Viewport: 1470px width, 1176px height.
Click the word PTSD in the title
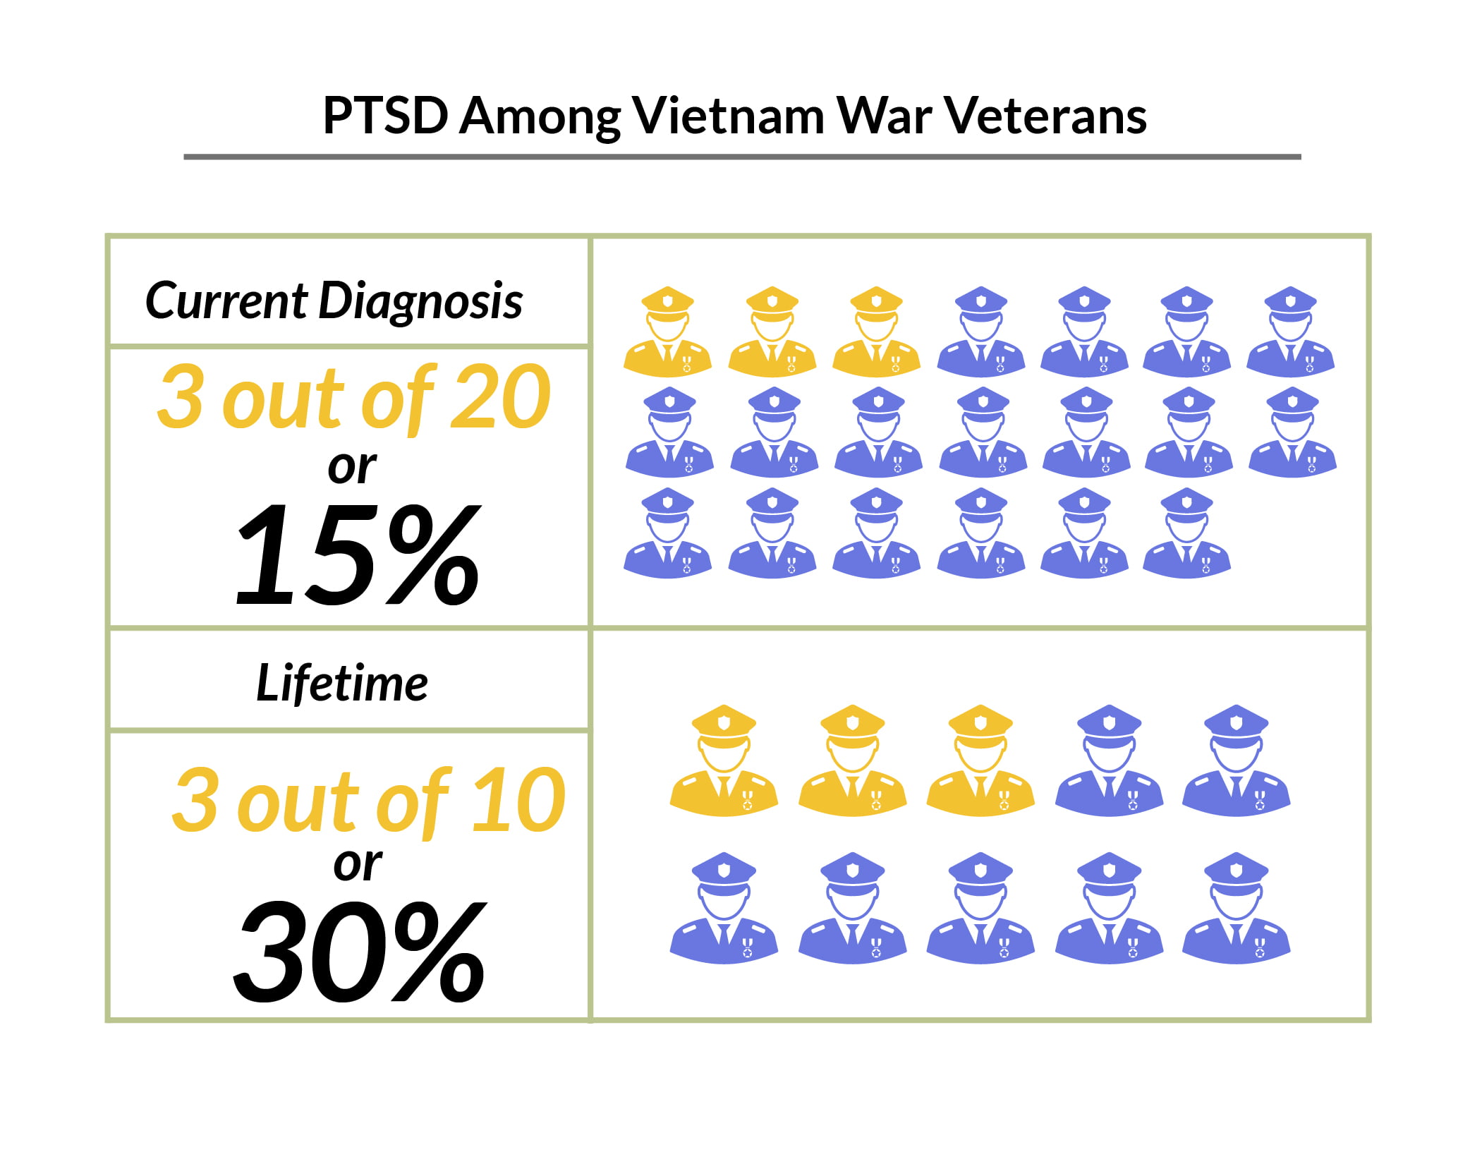(x=385, y=116)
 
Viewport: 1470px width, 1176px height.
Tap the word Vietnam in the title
(x=727, y=116)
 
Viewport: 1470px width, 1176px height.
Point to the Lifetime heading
(x=342, y=683)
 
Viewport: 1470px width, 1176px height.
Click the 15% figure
(x=358, y=554)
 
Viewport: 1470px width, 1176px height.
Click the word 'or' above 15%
(x=352, y=466)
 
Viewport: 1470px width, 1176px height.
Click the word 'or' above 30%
(x=358, y=863)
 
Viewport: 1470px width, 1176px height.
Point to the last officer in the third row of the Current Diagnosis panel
(x=1186, y=533)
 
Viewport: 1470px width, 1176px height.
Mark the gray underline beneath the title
(x=742, y=157)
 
